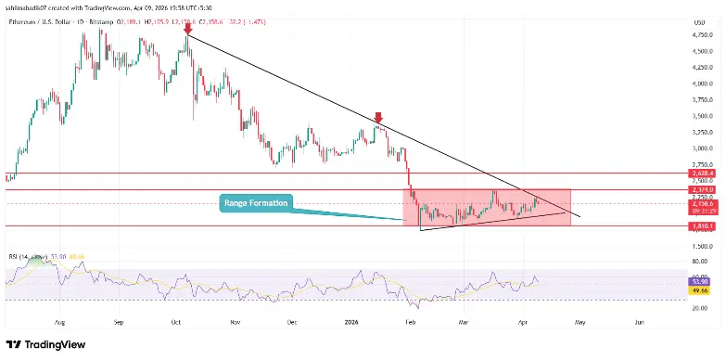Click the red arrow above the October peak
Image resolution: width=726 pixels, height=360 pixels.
(188, 29)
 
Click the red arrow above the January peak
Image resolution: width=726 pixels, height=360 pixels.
(378, 118)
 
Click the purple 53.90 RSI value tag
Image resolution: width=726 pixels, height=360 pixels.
(701, 281)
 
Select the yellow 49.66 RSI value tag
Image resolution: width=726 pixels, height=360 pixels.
(701, 289)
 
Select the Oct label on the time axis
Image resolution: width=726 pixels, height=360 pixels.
(177, 323)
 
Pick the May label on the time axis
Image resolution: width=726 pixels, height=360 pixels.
(580, 323)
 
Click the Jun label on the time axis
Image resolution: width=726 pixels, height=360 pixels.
(638, 323)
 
